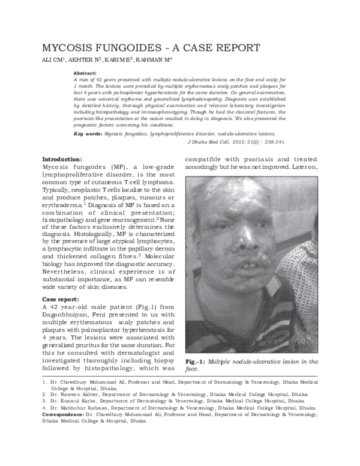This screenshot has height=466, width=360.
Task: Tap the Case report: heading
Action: pos(62,299)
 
